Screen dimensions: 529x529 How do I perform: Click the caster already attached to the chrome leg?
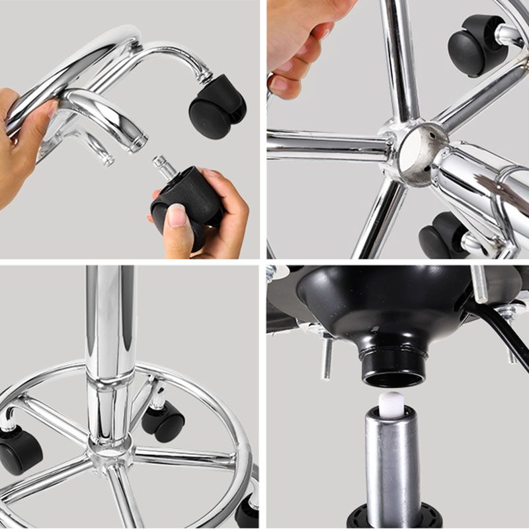pyautogui.click(x=218, y=106)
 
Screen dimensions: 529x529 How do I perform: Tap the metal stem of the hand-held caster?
pyautogui.click(x=165, y=167)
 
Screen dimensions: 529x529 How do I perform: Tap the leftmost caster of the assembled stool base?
pyautogui.click(x=20, y=450)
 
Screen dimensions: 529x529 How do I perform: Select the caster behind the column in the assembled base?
pyautogui.click(x=163, y=421)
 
